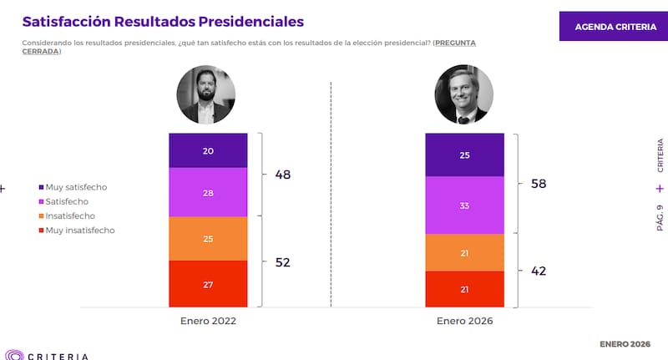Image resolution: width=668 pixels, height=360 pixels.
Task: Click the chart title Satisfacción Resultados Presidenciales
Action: pos(163,21)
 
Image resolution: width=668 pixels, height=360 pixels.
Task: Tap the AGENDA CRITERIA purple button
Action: pos(615,27)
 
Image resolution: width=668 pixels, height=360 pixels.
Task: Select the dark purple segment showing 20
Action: pos(208,150)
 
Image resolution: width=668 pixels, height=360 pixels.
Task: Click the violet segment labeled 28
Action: pos(208,192)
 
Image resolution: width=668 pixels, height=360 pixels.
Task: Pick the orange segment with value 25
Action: pos(208,239)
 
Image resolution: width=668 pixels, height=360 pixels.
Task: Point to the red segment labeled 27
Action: pos(208,284)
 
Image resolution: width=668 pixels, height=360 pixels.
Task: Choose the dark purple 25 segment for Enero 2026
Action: pos(464,155)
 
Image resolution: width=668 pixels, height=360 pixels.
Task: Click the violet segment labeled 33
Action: pos(464,205)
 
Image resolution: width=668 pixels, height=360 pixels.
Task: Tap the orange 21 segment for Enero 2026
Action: pos(464,252)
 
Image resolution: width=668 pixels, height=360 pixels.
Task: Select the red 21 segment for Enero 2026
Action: pos(464,289)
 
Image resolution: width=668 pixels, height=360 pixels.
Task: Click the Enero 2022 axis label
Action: pos(208,321)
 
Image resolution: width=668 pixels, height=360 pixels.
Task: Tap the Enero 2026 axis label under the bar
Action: pos(464,321)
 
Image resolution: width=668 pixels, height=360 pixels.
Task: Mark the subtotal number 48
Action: pos(283,175)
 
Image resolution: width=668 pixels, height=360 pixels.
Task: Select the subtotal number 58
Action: pos(539,183)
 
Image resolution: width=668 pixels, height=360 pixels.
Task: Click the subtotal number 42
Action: pos(539,271)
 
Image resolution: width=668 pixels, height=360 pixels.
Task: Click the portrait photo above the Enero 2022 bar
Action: pos(205,96)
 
